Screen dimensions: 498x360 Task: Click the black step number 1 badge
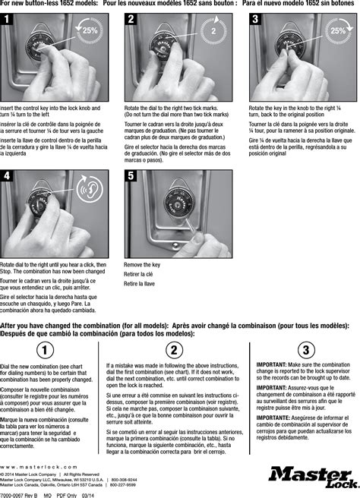coord(8,20)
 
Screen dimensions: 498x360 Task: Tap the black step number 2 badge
coord(132,20)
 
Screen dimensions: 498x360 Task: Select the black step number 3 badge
coord(256,20)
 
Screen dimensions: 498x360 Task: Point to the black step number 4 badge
coord(8,176)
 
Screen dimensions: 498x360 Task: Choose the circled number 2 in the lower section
coord(175,350)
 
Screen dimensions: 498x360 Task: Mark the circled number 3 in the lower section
coord(306,350)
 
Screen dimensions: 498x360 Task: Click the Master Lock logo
coord(309,478)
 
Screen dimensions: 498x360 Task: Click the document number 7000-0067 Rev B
coord(20,494)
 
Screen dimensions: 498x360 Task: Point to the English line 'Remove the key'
coord(142,264)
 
